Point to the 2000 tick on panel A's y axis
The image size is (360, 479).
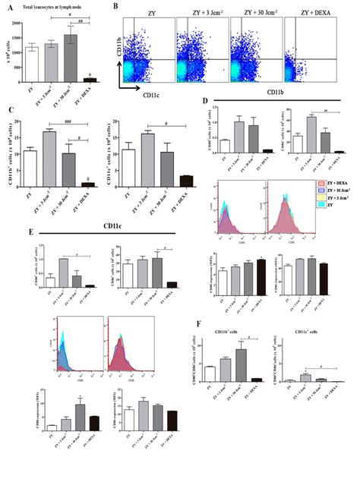tap(18, 24)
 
